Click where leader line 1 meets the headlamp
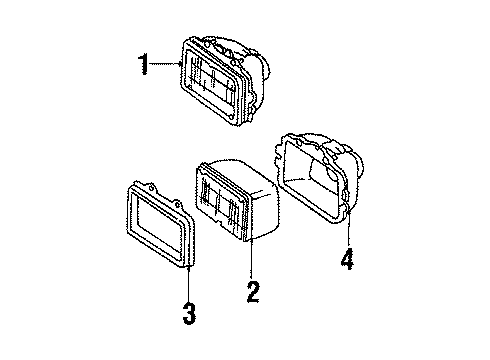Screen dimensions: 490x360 pyautogui.click(x=180, y=67)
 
